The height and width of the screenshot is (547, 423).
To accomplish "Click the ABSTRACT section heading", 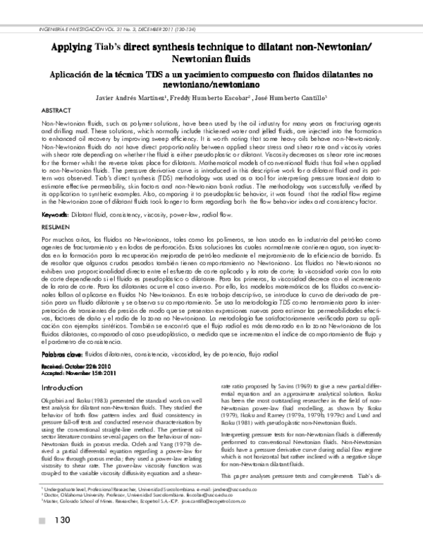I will tap(59, 111).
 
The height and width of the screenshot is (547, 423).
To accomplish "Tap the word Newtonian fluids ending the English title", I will tap(211, 60).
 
